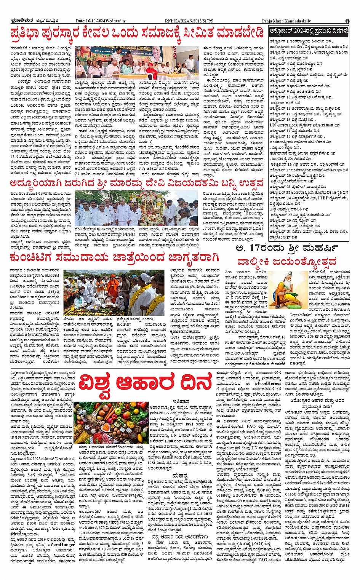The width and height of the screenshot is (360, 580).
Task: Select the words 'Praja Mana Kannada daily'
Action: coord(286,21)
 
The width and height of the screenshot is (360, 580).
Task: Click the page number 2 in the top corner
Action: coord(347,21)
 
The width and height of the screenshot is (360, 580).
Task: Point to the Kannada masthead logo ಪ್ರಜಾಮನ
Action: coord(17,21)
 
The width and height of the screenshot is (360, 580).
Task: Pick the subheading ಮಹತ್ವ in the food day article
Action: coord(179,476)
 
